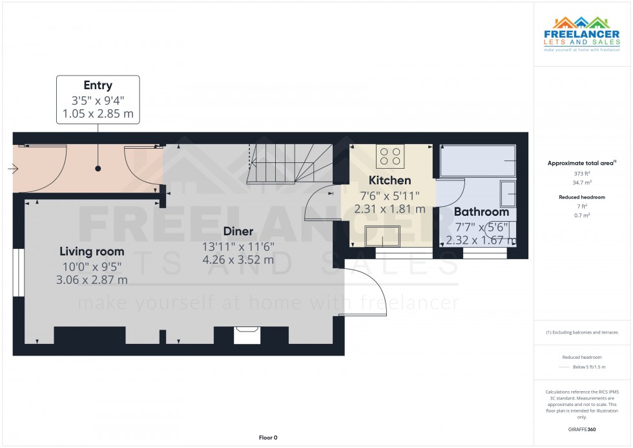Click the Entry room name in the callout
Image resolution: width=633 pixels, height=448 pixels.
(x=98, y=85)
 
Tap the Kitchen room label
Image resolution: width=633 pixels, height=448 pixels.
(x=389, y=180)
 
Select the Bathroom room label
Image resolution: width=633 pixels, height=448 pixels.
(x=481, y=211)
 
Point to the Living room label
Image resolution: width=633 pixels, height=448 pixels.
(x=92, y=251)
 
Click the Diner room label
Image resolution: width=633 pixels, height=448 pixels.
(x=238, y=231)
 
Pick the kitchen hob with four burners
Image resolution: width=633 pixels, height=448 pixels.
(x=390, y=156)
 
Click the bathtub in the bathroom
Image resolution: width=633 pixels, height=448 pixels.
(x=477, y=161)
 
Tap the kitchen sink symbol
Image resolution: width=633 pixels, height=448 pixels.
(x=382, y=237)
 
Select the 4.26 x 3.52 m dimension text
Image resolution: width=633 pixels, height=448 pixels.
(x=238, y=260)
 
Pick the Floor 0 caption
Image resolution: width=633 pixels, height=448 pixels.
(x=268, y=438)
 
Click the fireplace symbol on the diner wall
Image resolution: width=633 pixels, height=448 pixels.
(x=246, y=332)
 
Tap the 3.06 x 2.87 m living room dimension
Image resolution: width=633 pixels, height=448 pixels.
(x=92, y=280)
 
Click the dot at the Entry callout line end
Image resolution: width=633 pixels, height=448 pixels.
(x=98, y=169)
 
